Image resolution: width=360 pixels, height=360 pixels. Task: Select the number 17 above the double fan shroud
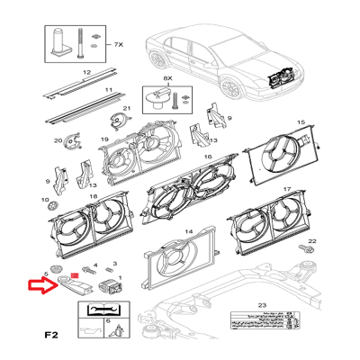[286, 191]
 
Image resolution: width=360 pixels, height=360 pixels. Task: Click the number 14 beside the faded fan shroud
[189, 231]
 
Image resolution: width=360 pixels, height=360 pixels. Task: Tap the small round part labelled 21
[114, 119]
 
